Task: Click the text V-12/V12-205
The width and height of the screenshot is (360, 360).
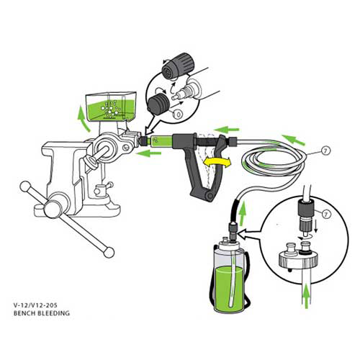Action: (x=35, y=305)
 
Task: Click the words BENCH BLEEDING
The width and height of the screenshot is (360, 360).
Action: (x=42, y=313)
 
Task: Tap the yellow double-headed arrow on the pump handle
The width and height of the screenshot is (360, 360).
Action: (x=217, y=163)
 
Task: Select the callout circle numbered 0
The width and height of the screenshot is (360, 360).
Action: (x=179, y=114)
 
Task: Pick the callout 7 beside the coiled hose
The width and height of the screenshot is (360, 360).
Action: (x=325, y=151)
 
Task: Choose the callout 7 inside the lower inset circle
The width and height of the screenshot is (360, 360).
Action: (x=325, y=214)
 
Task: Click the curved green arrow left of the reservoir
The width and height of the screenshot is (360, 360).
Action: (x=84, y=118)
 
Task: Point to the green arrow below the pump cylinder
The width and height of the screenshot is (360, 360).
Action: (x=148, y=153)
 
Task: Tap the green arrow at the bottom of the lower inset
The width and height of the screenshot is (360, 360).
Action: (x=306, y=297)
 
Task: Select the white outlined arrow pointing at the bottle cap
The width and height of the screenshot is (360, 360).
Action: (x=250, y=234)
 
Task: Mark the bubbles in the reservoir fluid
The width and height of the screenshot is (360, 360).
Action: (x=109, y=109)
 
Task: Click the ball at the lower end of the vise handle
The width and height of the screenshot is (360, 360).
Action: (x=109, y=252)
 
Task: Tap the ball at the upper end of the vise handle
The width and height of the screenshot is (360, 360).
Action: (x=25, y=186)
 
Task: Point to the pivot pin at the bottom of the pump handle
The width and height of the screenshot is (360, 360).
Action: (x=210, y=196)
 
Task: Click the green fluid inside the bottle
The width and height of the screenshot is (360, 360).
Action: (x=229, y=288)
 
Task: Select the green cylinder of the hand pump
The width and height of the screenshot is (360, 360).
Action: (x=161, y=140)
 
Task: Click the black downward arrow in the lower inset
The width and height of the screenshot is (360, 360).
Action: (x=316, y=225)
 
